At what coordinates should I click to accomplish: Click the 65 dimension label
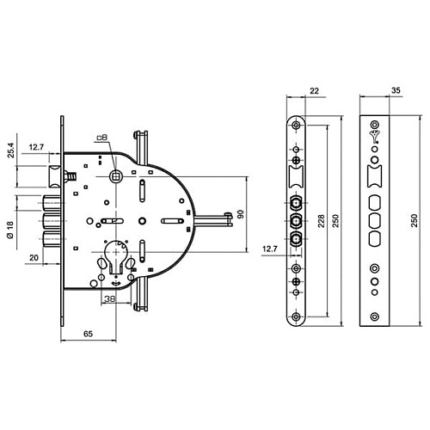[x=88, y=334]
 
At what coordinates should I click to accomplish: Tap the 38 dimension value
[x=109, y=299]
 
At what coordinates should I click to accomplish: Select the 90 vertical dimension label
[x=241, y=214]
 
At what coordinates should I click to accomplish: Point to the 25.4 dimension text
[x=11, y=150]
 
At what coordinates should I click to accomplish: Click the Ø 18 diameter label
[x=10, y=230]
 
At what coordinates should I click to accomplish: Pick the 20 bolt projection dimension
[x=34, y=258]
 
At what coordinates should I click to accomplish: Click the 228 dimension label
[x=321, y=221]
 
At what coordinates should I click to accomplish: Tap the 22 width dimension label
[x=314, y=91]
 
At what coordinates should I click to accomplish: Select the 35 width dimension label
[x=396, y=90]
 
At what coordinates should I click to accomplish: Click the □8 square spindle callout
[x=102, y=138]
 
